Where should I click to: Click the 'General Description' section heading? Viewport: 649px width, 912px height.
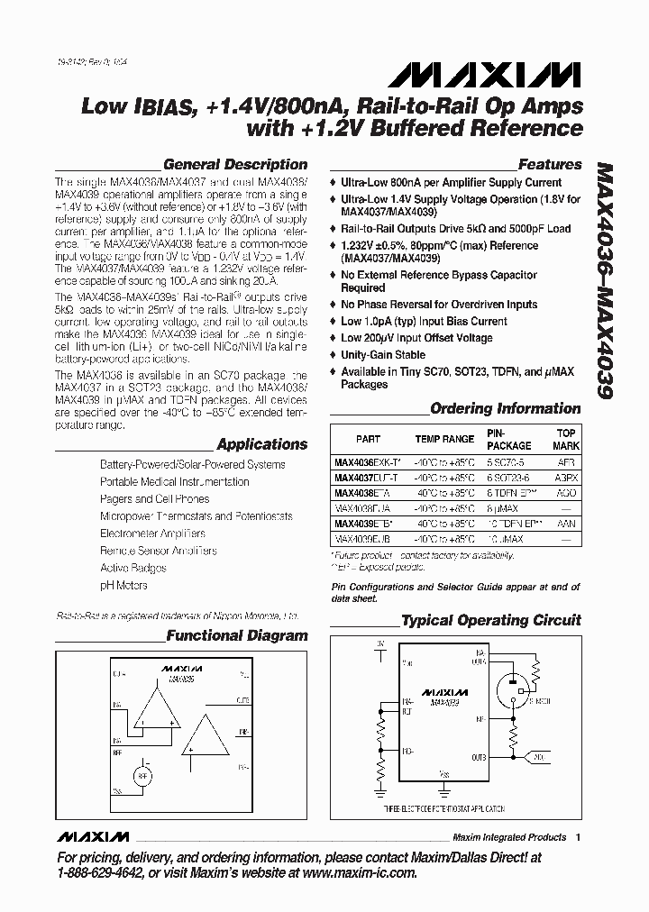[x=235, y=165]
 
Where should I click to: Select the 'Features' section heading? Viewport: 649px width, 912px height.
[x=550, y=165]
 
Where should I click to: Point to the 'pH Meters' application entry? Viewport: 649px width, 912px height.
[x=123, y=586]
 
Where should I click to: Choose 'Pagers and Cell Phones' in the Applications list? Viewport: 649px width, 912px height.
[x=154, y=499]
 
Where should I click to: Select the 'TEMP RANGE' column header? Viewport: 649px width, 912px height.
[x=443, y=439]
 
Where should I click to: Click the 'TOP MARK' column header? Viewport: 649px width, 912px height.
[x=566, y=439]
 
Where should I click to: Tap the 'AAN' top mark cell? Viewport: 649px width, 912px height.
[x=566, y=523]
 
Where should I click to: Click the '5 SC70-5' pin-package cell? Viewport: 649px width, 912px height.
[x=509, y=463]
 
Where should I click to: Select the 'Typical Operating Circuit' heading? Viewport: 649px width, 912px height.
[x=490, y=621]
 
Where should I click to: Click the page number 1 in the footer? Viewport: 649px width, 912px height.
[x=578, y=836]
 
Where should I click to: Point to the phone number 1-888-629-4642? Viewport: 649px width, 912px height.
[x=100, y=873]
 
